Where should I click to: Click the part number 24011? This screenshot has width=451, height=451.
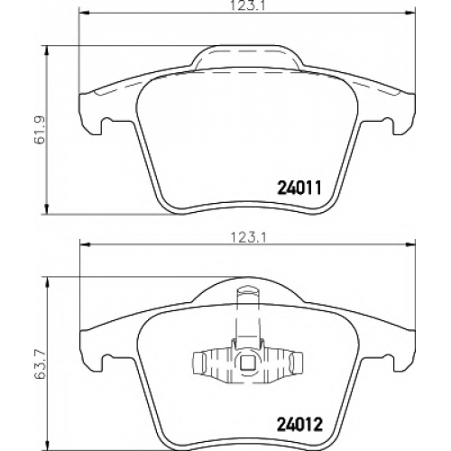[299, 188]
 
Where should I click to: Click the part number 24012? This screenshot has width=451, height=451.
[299, 425]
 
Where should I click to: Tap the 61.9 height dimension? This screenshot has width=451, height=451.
[41, 129]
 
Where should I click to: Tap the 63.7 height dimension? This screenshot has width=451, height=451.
[41, 365]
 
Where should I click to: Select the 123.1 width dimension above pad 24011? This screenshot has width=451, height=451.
[248, 6]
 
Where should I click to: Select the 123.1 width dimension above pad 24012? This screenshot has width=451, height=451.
[248, 238]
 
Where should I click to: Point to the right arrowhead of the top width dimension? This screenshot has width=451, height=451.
[410, 13]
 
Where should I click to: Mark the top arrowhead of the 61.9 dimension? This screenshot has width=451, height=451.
[46, 51]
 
